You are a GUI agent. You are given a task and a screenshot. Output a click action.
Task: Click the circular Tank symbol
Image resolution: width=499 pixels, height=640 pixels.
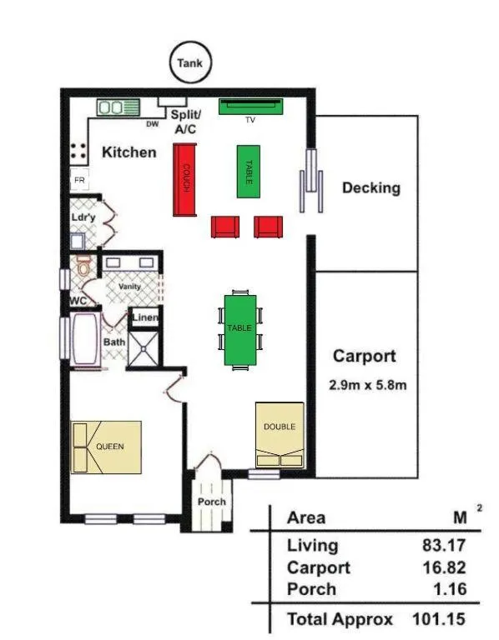tap(191, 62)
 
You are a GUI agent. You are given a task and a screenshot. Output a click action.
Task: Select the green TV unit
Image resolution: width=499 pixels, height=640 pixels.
tap(251, 107)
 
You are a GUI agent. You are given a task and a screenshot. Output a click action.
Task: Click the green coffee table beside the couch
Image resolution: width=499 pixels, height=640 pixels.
tap(249, 171)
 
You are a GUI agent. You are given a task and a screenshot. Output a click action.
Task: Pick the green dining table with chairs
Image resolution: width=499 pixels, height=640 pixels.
tap(240, 329)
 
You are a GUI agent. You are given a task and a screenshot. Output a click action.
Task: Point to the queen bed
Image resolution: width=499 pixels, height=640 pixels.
tap(106, 447)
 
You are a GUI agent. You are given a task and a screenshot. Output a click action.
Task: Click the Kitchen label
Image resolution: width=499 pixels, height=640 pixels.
tap(129, 152)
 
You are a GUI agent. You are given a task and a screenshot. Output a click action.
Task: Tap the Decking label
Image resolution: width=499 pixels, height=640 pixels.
tap(370, 187)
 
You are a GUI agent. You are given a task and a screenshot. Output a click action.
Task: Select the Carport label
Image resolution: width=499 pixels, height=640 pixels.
tap(364, 357)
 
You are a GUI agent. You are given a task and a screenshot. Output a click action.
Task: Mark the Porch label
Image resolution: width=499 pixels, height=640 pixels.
tap(211, 502)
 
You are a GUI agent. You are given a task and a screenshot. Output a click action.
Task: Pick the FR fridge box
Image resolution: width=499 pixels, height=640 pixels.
tap(79, 179)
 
